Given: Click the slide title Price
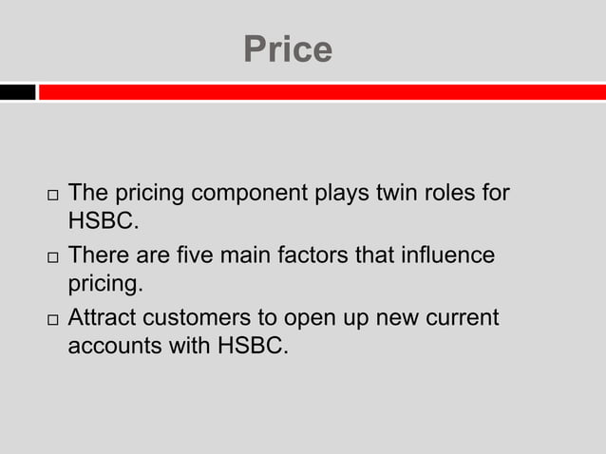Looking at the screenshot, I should (288, 49).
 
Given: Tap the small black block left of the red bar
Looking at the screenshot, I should (17, 92).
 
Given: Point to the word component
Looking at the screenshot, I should (251, 196).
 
